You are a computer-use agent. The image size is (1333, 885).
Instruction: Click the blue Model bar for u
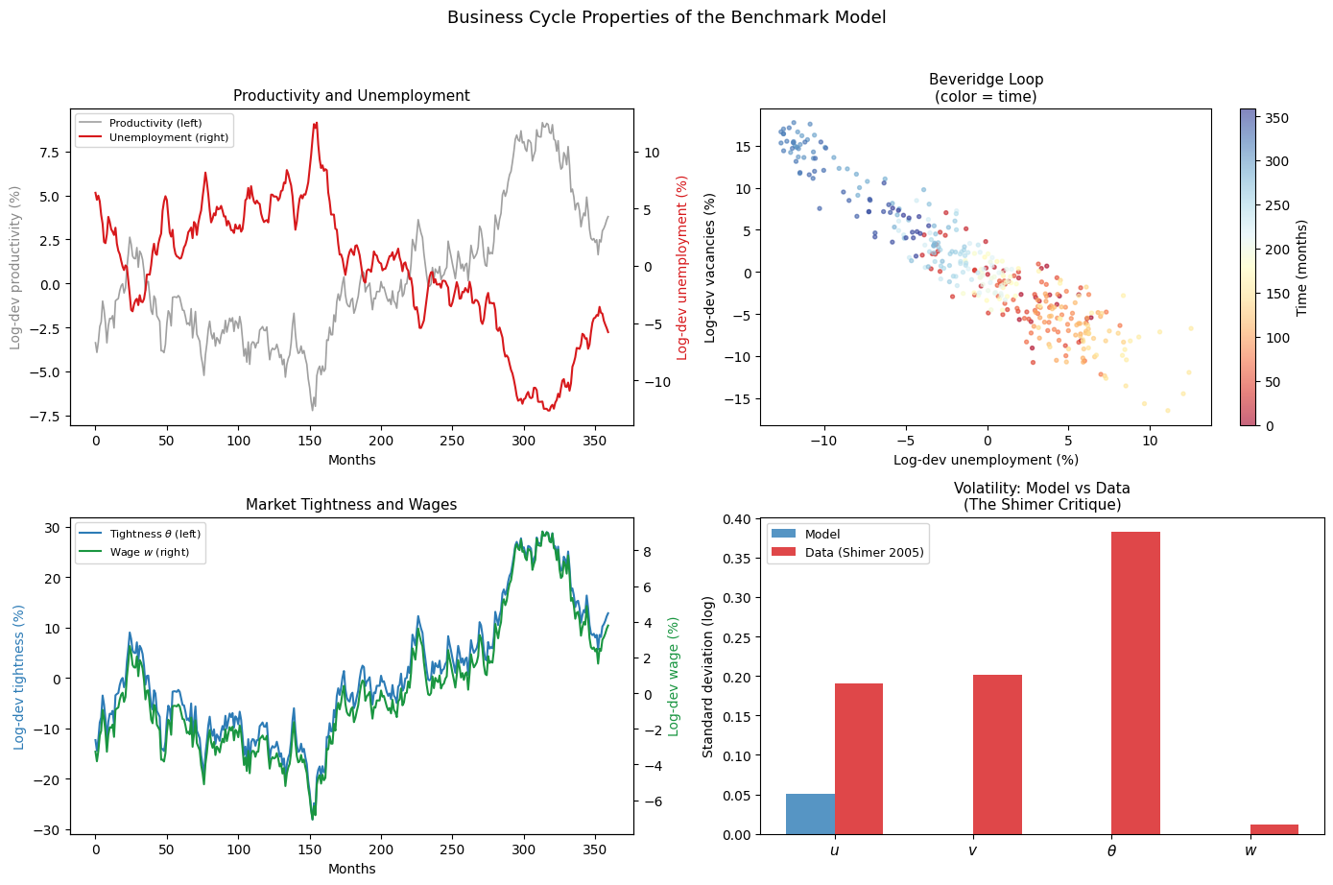pos(810,814)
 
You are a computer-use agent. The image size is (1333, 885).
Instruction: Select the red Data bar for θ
pos(1135,682)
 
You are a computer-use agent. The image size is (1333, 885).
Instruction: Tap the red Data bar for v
pos(997,754)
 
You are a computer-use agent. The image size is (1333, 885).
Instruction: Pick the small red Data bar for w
pos(1274,829)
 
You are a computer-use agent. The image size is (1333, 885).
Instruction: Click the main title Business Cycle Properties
pos(666,17)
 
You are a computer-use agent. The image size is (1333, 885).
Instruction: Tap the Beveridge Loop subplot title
pos(986,87)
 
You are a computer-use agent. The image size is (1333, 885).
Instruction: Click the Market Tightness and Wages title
pos(351,504)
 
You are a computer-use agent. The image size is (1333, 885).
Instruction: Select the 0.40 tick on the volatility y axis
pos(737,519)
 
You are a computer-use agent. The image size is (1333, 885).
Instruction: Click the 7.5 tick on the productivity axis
pos(49,153)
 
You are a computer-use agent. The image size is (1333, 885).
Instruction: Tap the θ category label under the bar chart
pos(1111,851)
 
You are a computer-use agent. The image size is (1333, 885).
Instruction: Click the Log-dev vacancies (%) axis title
pos(709,268)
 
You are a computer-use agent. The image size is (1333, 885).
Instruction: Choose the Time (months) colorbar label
pos(1301,267)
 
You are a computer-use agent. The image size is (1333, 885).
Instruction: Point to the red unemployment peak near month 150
pos(316,123)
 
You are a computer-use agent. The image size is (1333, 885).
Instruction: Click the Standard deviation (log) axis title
pos(707,677)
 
